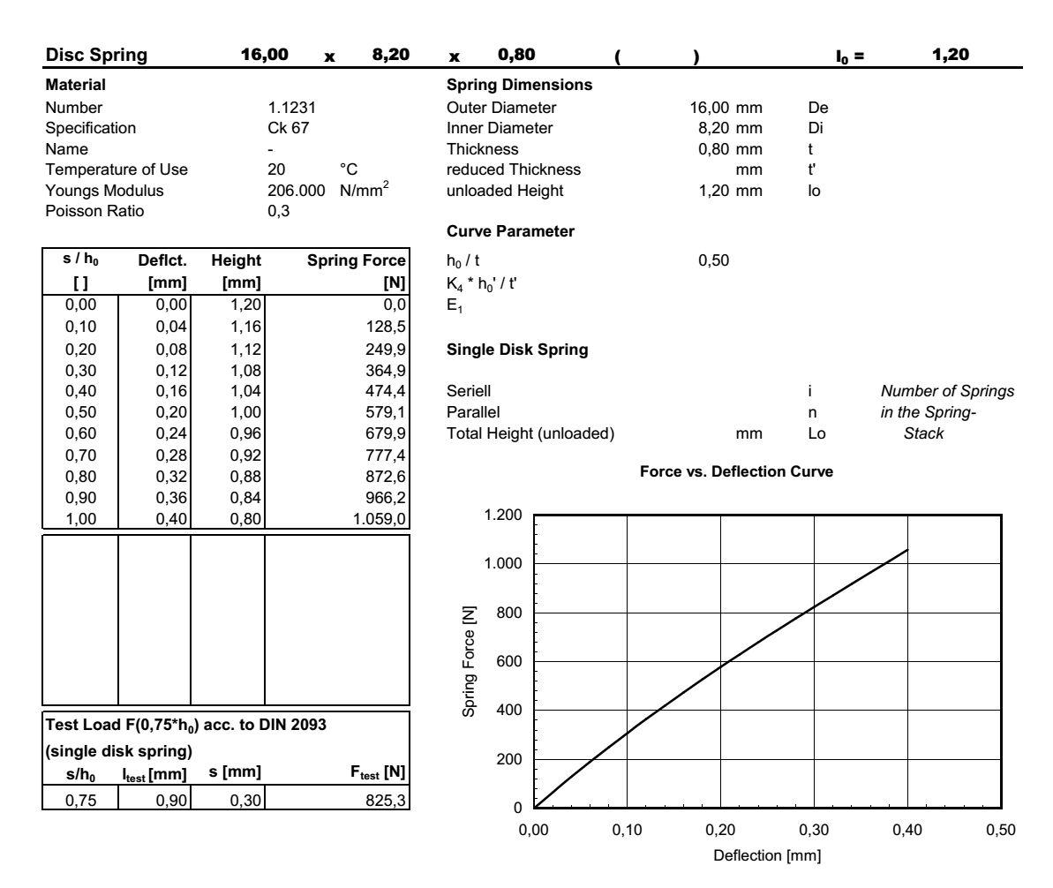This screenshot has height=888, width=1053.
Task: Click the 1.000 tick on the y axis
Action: coord(502,564)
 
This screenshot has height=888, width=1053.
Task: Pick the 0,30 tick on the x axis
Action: coord(813,831)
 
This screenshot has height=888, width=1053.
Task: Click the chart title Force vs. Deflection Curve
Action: coord(736,471)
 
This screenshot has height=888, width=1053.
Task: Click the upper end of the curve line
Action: coord(906,550)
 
